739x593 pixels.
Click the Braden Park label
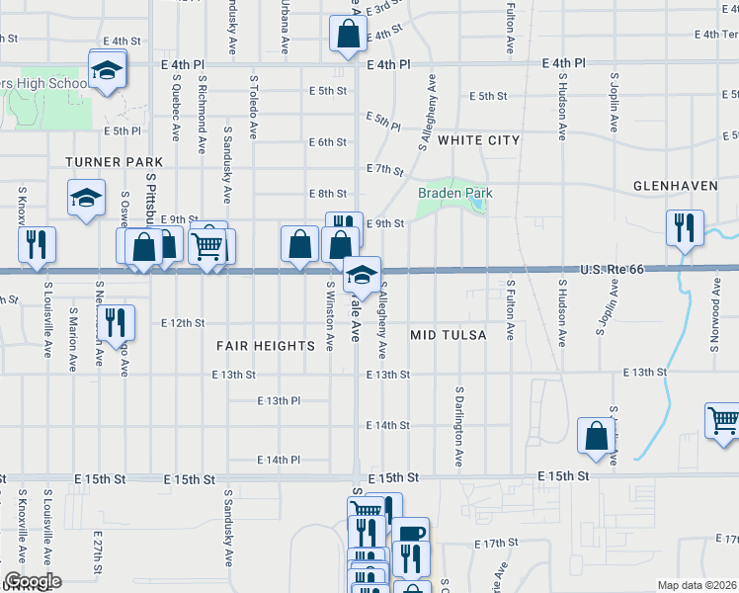point(454,193)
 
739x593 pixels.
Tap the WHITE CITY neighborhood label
point(478,140)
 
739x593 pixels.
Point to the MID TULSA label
point(449,336)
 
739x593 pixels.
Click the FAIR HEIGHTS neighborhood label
point(266,346)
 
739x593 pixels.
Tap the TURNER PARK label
point(107,161)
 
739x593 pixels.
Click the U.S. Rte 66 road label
point(612,270)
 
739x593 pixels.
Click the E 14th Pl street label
point(279,461)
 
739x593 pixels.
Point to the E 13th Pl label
point(279,401)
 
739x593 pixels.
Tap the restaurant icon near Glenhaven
point(684,227)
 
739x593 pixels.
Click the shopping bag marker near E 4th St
point(349,36)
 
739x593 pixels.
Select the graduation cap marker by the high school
point(106,69)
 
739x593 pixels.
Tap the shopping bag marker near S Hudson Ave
point(597,435)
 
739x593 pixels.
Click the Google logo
point(32,581)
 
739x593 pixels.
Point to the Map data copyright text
point(698,585)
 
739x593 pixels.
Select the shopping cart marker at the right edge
point(723,420)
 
